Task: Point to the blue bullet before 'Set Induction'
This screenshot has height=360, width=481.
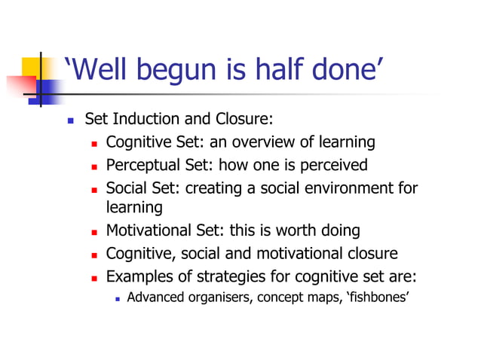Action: coord(70,121)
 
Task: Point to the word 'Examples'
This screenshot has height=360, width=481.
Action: coord(139,276)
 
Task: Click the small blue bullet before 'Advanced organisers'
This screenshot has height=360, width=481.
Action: coord(117,298)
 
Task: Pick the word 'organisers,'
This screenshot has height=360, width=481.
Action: coord(219,297)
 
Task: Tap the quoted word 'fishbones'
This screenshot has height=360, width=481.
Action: coord(374,297)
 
